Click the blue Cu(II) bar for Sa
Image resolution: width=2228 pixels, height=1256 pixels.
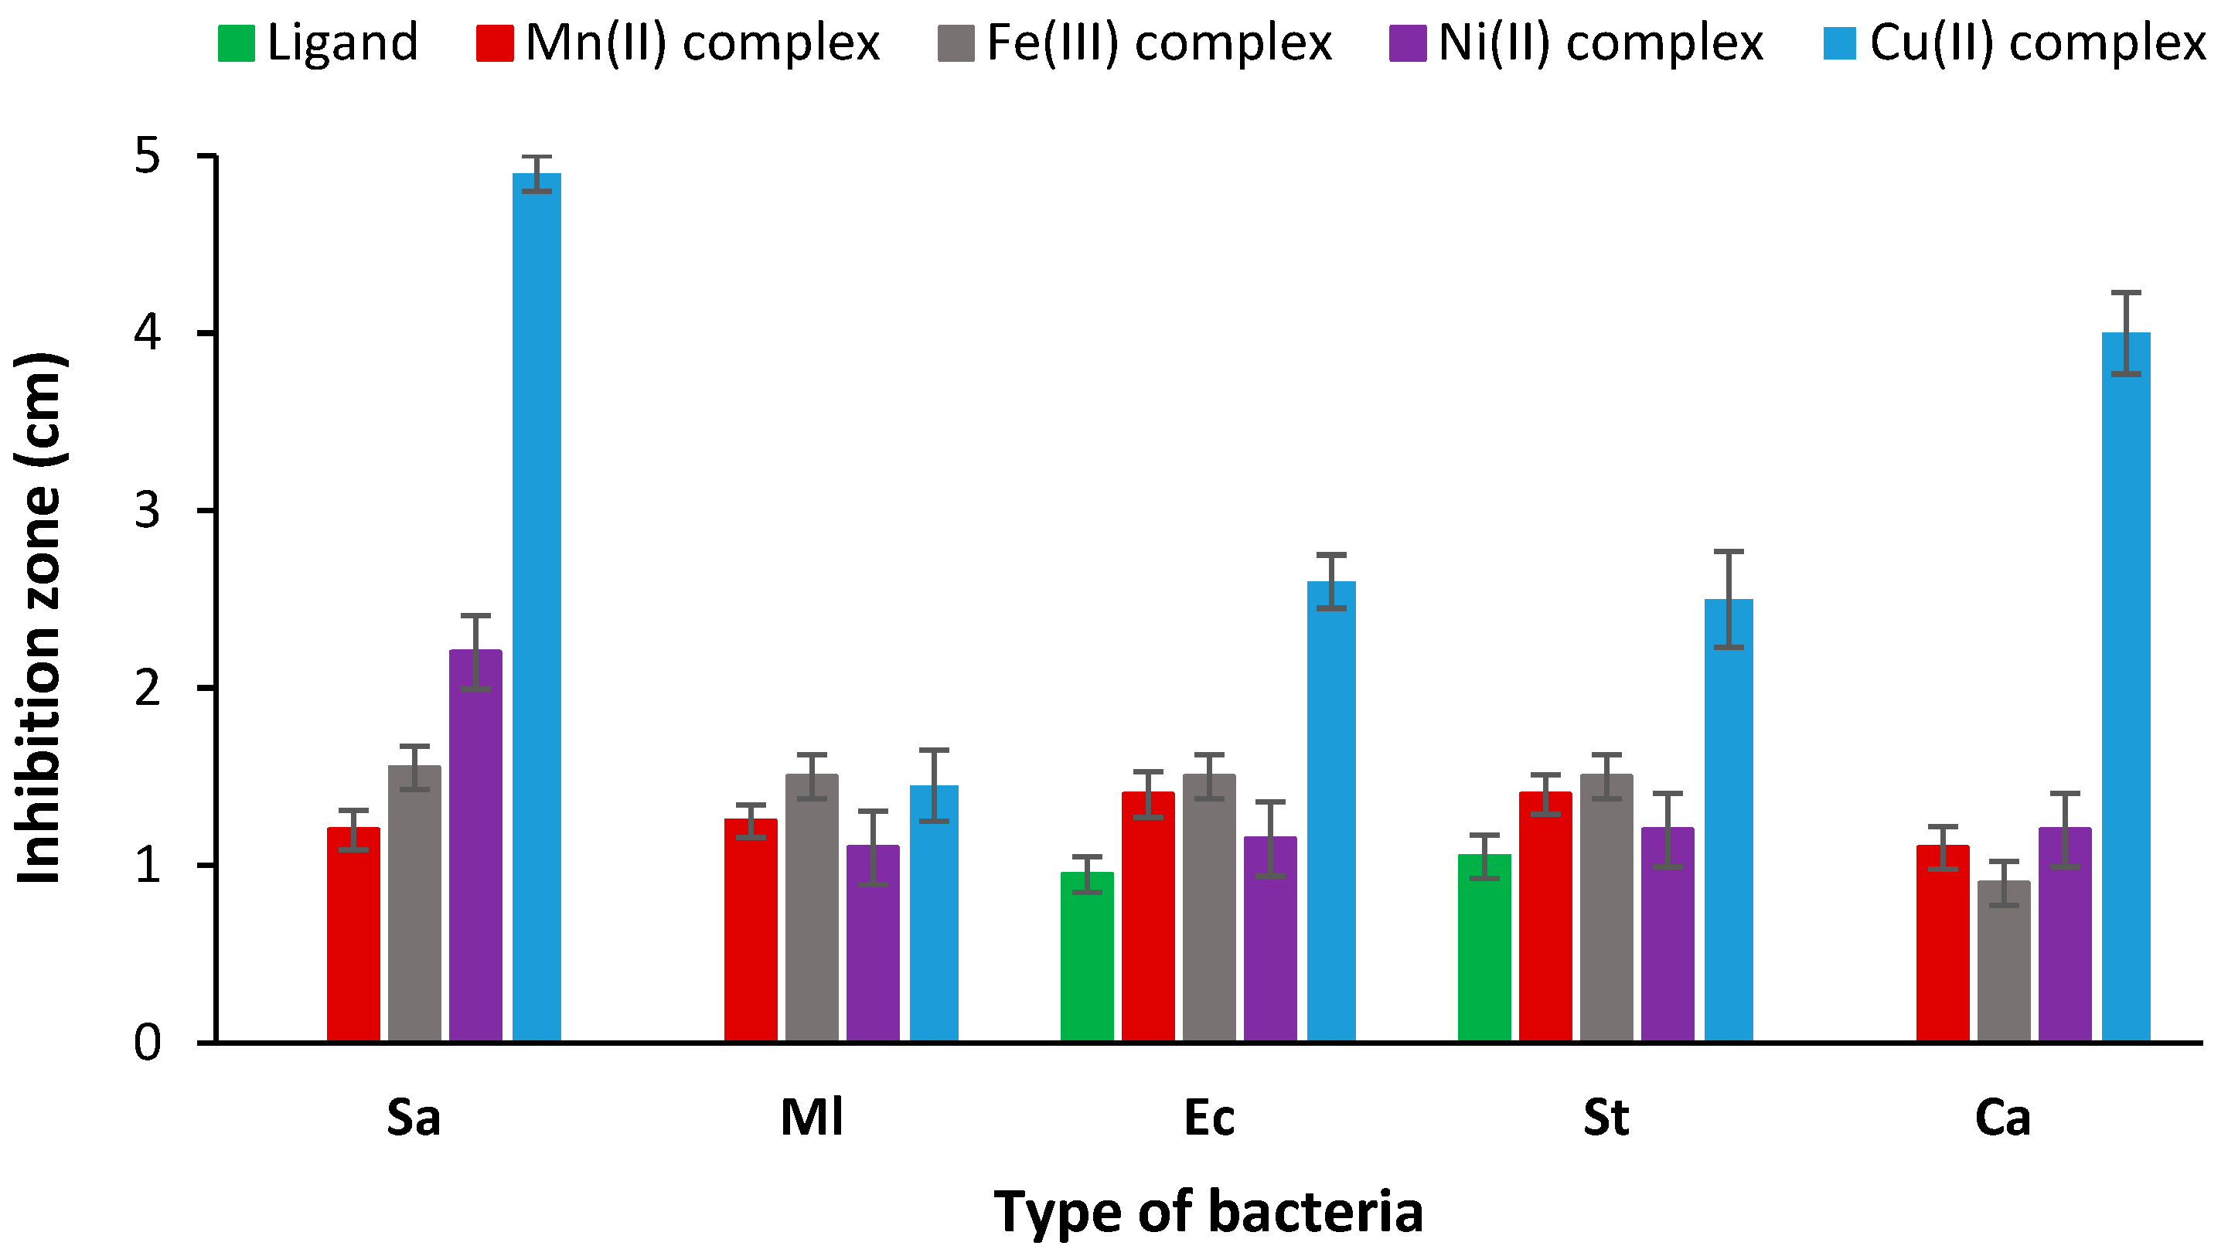pyautogui.click(x=537, y=605)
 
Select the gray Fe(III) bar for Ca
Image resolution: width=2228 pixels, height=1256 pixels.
pyautogui.click(x=2003, y=960)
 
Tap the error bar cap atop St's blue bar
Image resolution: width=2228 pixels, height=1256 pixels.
pyautogui.click(x=1728, y=551)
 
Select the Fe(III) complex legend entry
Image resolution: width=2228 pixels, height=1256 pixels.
pyautogui.click(x=1135, y=43)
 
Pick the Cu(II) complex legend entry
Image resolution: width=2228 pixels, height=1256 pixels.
pyautogui.click(x=2015, y=43)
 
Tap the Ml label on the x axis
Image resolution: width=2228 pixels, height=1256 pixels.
pyautogui.click(x=811, y=1118)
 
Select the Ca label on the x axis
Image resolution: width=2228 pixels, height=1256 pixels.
pyautogui.click(x=2002, y=1118)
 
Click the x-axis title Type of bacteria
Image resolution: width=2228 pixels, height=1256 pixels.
pyautogui.click(x=1208, y=1211)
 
